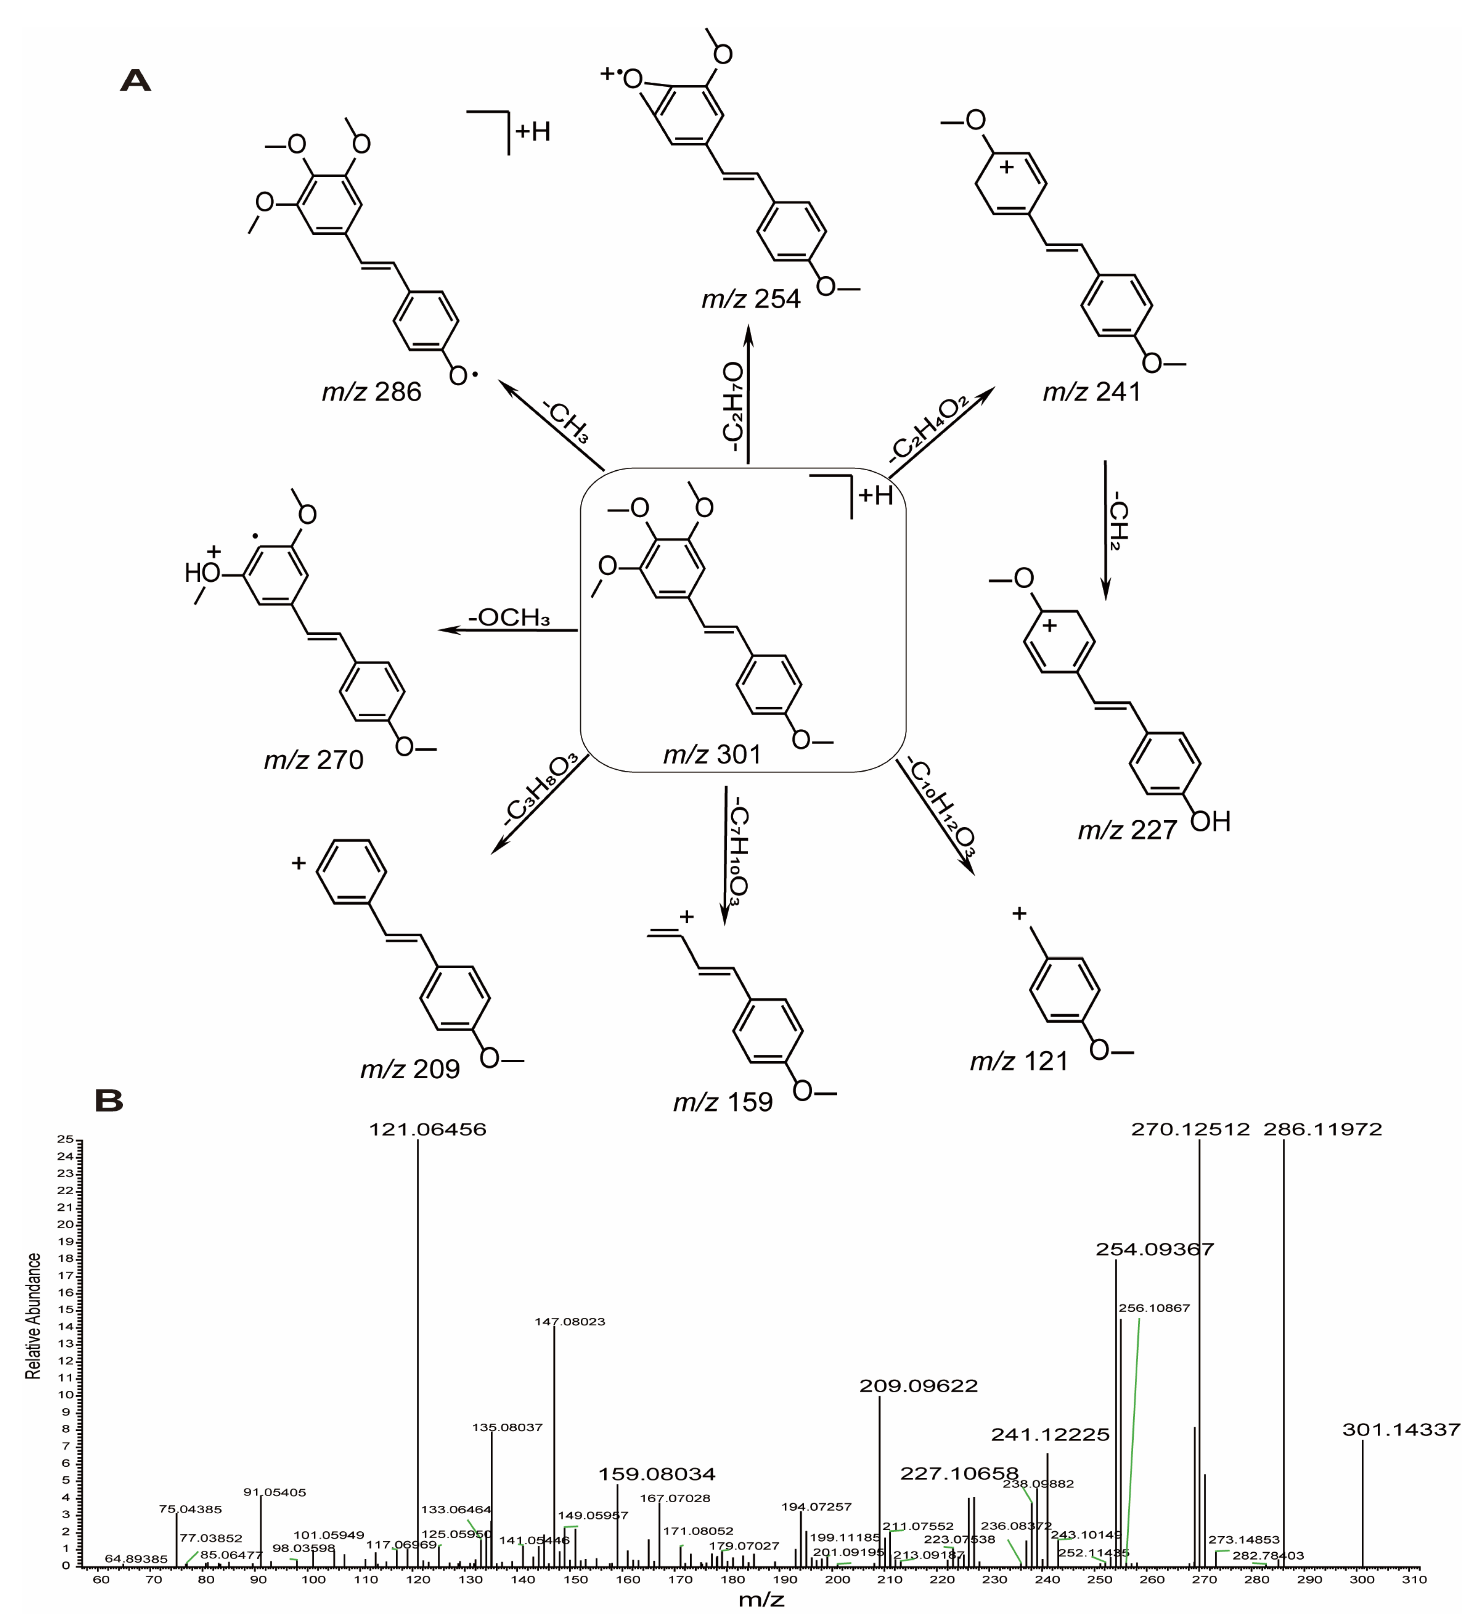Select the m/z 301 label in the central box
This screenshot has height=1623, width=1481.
click(712, 754)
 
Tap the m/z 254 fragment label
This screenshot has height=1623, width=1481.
click(751, 299)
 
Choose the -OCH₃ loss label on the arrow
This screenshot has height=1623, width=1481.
click(510, 617)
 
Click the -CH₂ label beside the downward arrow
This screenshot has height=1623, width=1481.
click(1119, 525)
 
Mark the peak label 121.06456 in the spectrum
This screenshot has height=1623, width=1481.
click(427, 1130)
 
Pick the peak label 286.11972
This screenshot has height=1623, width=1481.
click(1323, 1130)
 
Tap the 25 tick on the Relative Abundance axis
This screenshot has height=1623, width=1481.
click(65, 1139)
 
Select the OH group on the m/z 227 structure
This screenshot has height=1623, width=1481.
click(1211, 822)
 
